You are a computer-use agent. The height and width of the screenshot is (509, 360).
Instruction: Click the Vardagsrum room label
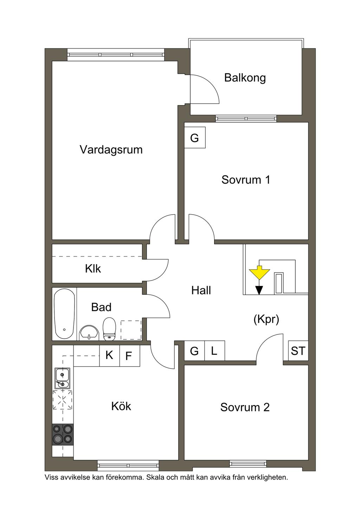coord(111,150)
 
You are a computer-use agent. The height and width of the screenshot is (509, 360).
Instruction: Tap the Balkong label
coord(245,78)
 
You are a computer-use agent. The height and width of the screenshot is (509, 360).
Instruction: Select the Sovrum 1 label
coord(246,180)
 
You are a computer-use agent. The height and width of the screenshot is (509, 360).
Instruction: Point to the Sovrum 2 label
coord(245,407)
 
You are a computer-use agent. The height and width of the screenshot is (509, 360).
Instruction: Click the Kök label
coord(121,406)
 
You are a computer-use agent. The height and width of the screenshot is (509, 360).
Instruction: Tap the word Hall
coord(201,290)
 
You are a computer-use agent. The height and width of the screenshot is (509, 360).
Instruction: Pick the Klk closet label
coord(93,269)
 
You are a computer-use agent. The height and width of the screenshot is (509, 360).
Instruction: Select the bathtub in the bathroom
coord(64,314)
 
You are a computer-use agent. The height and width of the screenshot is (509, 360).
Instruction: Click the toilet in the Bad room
coord(110,329)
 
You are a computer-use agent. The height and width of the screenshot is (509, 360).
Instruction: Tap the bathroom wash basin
coord(89,333)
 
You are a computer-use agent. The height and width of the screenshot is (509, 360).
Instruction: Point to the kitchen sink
coord(62,378)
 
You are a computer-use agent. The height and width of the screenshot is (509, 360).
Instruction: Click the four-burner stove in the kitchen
coord(63,434)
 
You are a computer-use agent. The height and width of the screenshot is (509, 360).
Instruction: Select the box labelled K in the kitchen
coord(109,355)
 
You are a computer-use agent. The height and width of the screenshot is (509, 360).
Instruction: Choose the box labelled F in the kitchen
coord(129,356)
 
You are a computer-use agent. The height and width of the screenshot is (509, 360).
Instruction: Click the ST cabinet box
coord(298,351)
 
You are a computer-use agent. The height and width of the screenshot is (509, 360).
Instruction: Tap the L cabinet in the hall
coord(214,351)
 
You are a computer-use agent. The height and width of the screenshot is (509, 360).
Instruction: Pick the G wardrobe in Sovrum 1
coord(194,138)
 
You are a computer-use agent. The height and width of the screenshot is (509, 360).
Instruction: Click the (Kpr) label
coord(266,319)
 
